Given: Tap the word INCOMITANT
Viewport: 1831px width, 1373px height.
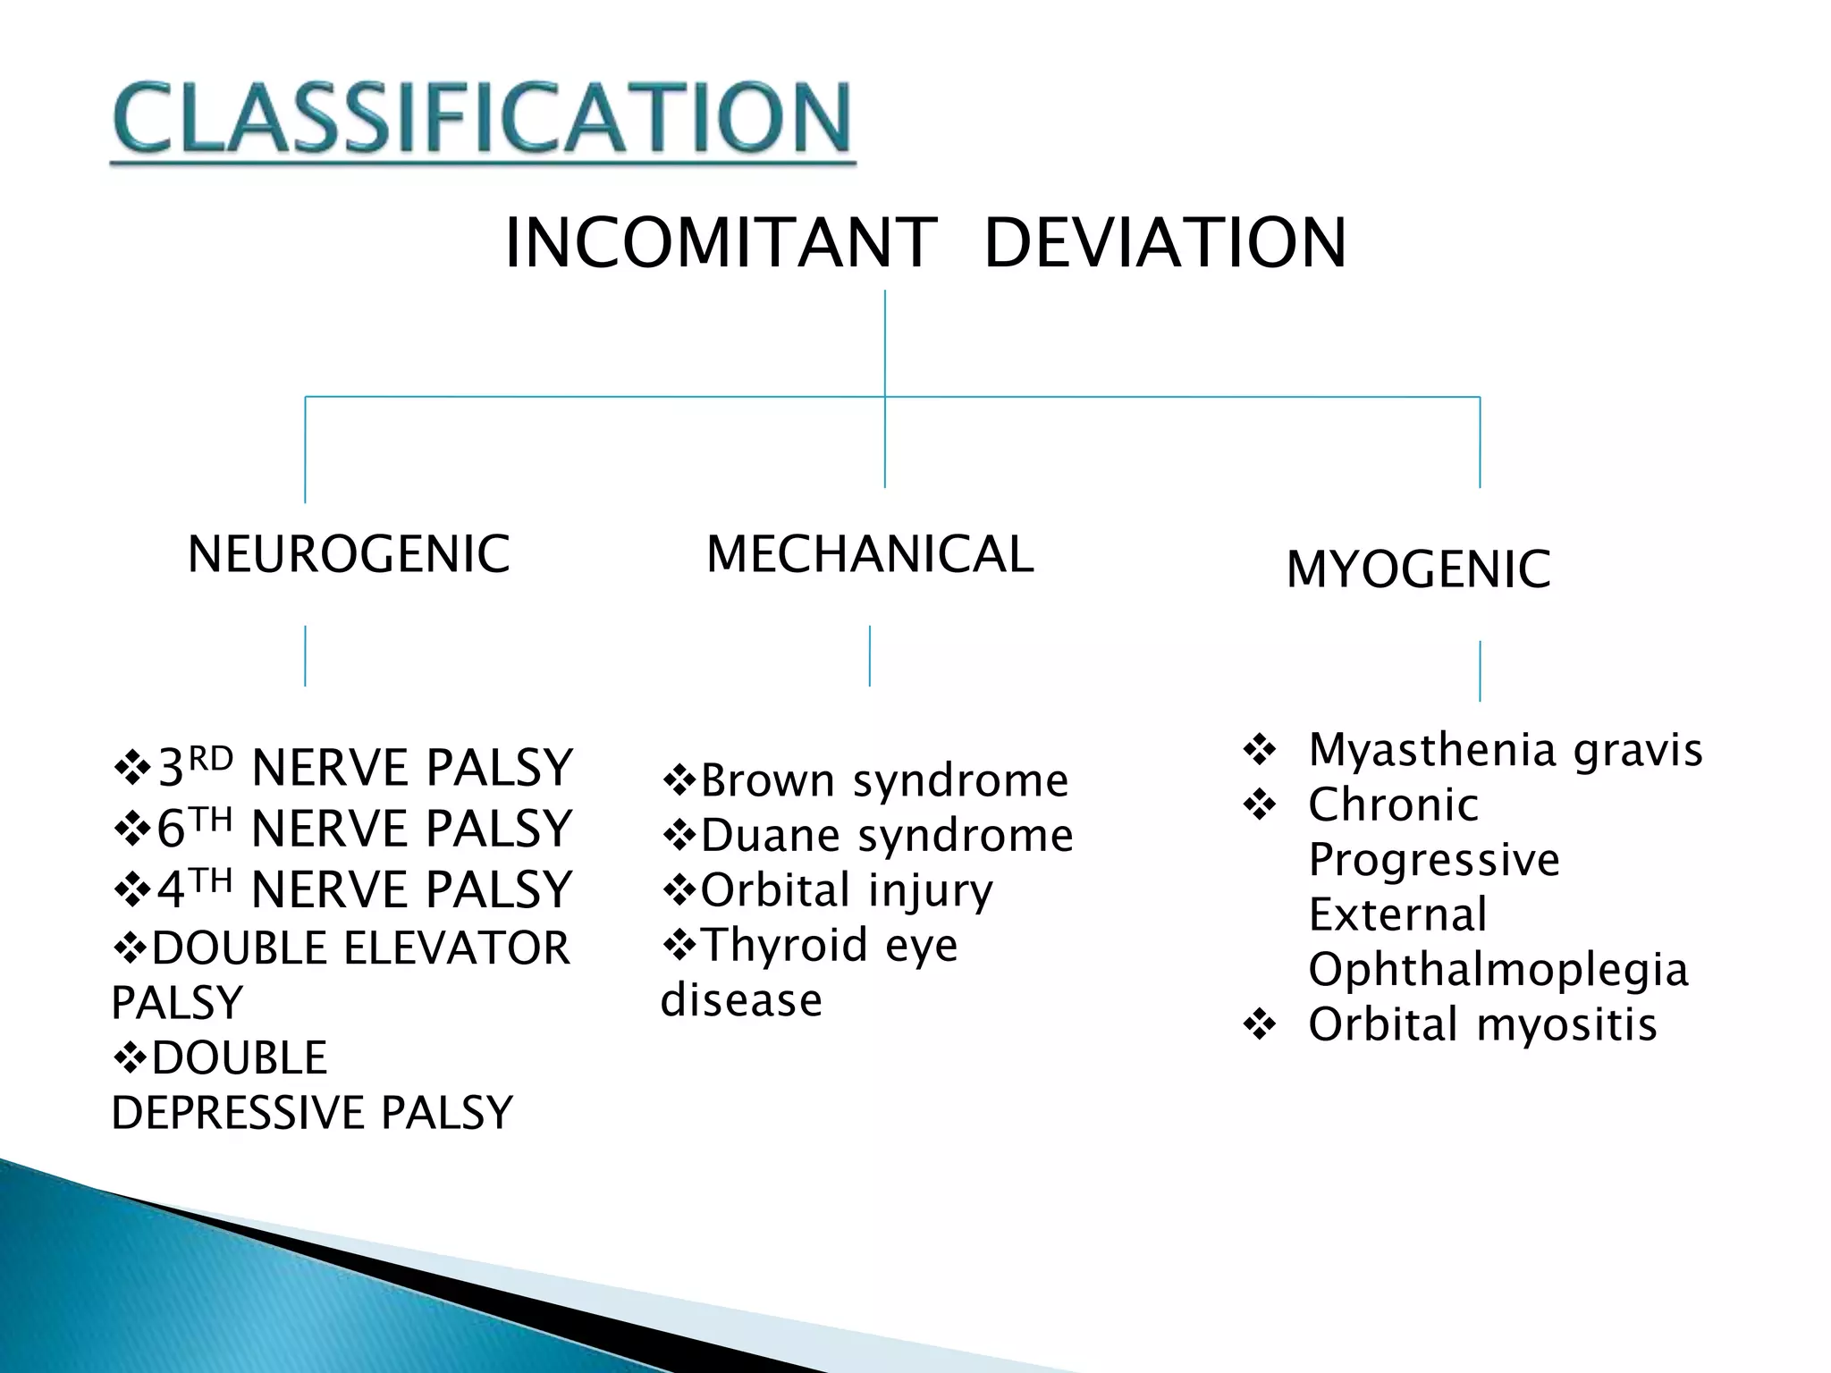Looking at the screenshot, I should [x=721, y=243].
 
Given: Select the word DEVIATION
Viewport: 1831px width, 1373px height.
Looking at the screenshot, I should [x=1164, y=243].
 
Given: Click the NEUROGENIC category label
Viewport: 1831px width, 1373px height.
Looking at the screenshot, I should [x=349, y=554].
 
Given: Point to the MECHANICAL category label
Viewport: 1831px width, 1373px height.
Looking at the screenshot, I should [x=870, y=554].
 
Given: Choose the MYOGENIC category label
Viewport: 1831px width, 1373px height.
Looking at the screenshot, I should [x=1418, y=569].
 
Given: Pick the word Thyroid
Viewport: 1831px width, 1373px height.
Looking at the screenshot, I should [x=785, y=945].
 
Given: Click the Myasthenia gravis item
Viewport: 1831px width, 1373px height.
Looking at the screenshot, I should [x=1505, y=750].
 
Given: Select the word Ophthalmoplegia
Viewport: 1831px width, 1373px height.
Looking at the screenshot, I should [x=1498, y=970].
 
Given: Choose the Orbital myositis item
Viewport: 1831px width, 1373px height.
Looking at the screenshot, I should [x=1482, y=1024].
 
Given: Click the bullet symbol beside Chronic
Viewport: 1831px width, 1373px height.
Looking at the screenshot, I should [x=1260, y=804].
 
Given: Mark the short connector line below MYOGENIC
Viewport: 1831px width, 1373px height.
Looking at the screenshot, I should [x=1480, y=670].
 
